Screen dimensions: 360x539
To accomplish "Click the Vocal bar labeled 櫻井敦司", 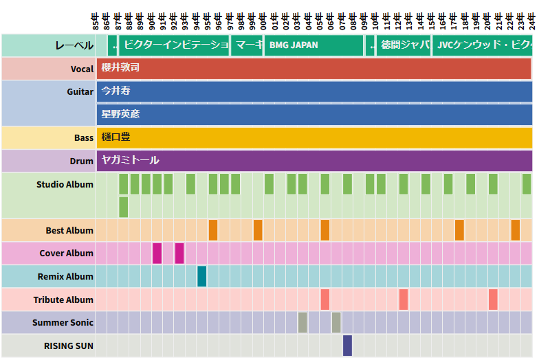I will [313, 69].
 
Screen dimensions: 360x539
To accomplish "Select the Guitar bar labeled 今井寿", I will [313, 91].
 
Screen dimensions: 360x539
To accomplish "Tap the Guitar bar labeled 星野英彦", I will [313, 114].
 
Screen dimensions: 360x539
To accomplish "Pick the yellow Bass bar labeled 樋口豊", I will [313, 137].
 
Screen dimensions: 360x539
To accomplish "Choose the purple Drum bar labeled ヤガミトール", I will [313, 161].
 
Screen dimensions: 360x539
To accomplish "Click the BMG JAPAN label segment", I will [313, 45].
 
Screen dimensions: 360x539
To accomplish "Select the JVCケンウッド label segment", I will [482, 45].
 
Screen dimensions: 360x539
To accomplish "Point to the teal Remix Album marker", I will [202, 276].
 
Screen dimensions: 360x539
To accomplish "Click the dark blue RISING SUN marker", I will [347, 346].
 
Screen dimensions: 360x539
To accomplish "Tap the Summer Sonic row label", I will [63, 323].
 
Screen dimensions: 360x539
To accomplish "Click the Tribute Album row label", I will [63, 300].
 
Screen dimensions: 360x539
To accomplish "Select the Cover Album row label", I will [66, 254].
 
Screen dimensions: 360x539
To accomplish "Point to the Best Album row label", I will [69, 231].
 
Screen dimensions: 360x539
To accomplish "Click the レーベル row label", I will [74, 46].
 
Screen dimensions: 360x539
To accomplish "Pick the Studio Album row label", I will [65, 185].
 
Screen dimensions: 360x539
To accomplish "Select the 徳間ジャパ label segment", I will [404, 45].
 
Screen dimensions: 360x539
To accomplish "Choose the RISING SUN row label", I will [69, 346].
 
